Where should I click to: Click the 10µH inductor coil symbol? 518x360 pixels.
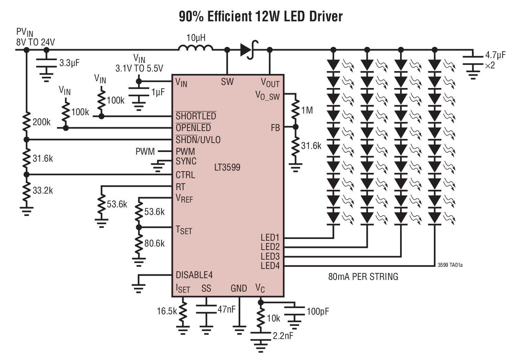pos(196,48)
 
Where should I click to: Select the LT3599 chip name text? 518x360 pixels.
pos(227,167)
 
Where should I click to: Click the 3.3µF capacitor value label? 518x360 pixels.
pos(69,63)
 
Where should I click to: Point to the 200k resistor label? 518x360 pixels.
pos(42,122)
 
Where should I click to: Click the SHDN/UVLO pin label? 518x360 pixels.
pos(198,140)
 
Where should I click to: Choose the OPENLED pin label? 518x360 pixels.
pos(193,128)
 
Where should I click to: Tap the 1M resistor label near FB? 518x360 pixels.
pos(307,110)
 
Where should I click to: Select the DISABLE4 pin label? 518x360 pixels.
pos(194,275)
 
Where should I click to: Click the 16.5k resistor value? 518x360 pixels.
pos(167,311)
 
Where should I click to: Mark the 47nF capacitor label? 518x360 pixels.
pos(227,309)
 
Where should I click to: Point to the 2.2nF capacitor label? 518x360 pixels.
pos(283,336)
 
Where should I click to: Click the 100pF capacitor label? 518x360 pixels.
pos(318,312)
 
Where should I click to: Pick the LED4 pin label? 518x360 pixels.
pos(270,265)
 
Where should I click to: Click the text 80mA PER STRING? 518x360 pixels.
pos(363,276)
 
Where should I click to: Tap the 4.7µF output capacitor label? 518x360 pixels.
pos(495,55)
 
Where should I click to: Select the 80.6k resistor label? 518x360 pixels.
pos(154,243)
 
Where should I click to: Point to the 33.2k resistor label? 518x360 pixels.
pos(43,190)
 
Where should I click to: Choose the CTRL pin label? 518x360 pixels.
pos(185,175)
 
